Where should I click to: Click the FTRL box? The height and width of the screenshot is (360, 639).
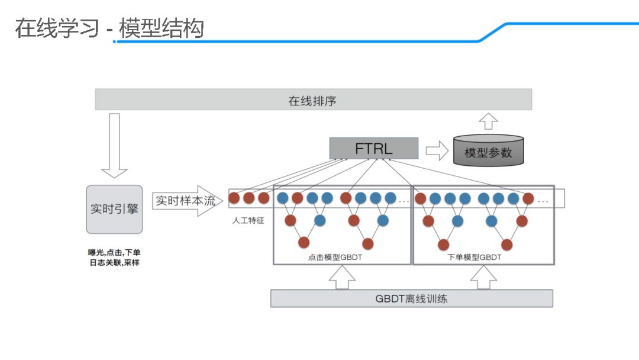click(373, 148)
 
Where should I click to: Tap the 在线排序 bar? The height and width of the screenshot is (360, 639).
click(313, 99)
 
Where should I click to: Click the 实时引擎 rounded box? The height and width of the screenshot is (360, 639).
click(114, 209)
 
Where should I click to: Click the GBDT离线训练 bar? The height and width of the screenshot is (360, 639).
click(411, 298)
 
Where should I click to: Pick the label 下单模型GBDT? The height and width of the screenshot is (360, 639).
click(475, 258)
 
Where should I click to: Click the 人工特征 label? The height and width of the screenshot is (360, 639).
click(248, 220)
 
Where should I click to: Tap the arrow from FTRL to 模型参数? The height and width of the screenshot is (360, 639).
click(437, 150)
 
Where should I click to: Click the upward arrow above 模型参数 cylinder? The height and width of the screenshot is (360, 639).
click(489, 121)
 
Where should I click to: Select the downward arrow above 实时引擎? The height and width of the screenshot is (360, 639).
click(114, 146)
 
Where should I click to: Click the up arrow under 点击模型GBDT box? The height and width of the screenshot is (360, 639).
click(343, 277)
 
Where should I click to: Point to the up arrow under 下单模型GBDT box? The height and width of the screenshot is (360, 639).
click(484, 277)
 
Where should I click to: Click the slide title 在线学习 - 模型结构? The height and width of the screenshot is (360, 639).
click(109, 28)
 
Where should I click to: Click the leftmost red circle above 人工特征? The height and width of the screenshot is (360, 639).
click(234, 198)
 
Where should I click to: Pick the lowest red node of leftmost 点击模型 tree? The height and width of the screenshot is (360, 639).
click(304, 242)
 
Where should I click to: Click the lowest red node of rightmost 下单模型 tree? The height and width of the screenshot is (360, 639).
click(506, 245)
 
